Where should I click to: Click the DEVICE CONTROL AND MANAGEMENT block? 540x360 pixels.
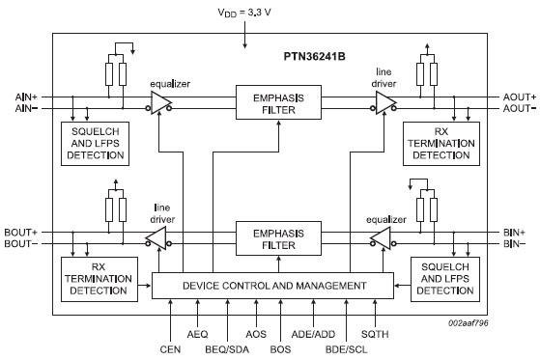pos(273,286)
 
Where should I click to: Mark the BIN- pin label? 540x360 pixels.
pos(513,245)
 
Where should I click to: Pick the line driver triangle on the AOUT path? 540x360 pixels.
pos(386,103)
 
